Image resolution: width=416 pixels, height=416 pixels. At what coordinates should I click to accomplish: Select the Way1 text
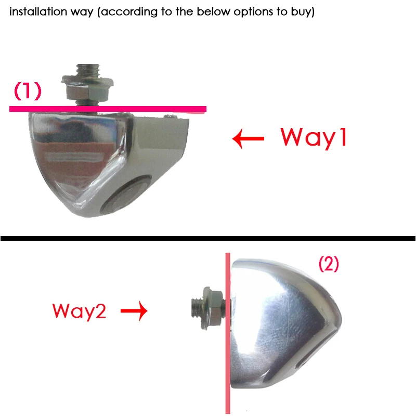coord(313,137)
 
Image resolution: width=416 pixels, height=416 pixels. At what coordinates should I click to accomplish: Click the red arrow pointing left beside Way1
coord(249,139)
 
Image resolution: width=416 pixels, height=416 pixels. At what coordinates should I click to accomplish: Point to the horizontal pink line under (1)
coord(104,109)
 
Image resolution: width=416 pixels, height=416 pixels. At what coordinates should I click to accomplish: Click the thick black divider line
coord(208,238)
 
